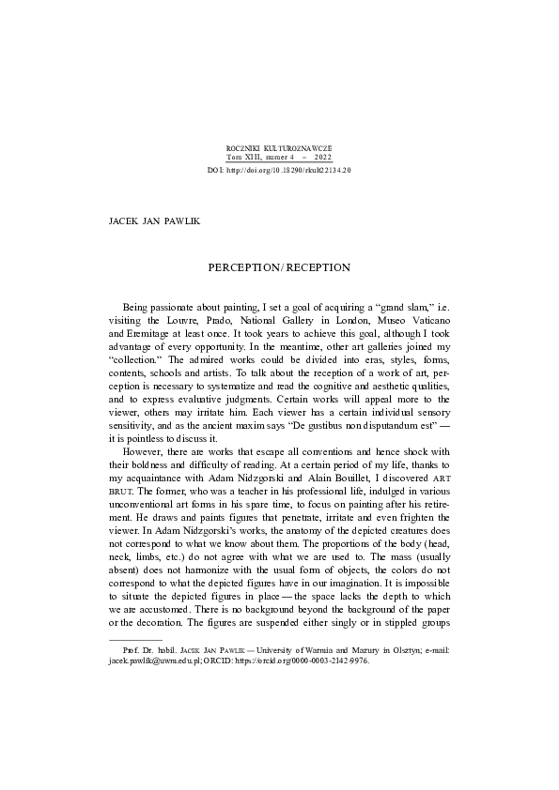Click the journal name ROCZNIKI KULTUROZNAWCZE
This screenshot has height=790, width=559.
click(x=279, y=148)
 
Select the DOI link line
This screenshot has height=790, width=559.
click(x=279, y=171)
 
